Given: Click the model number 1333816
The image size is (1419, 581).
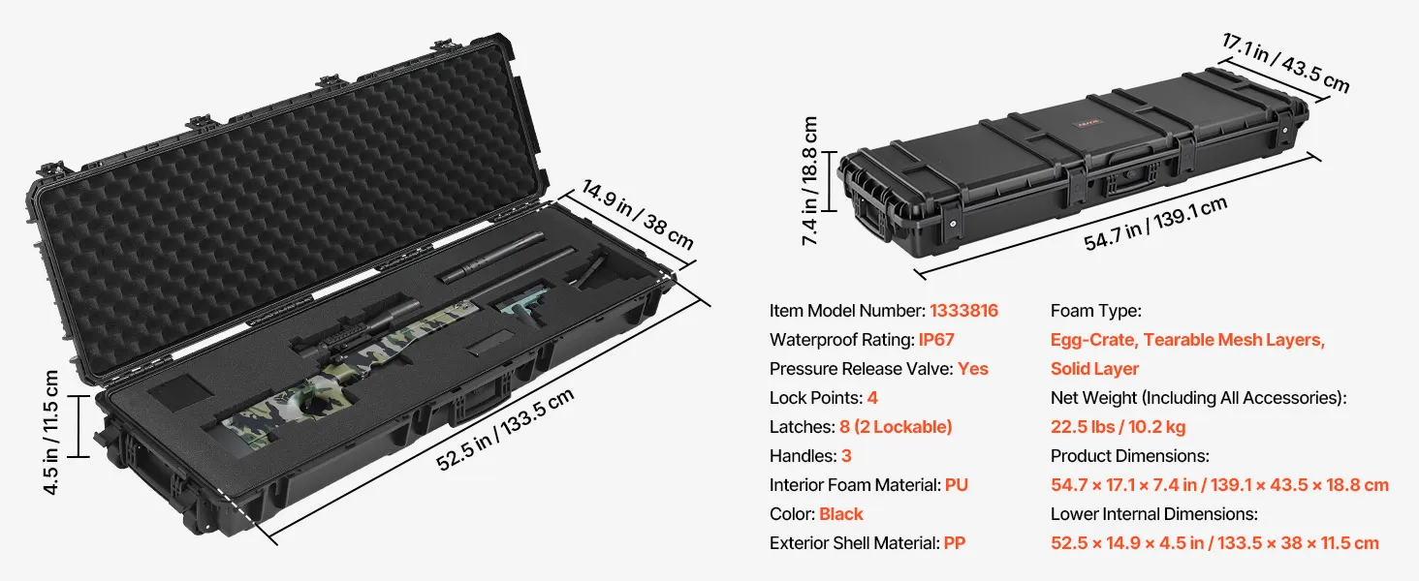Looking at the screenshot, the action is (x=963, y=311).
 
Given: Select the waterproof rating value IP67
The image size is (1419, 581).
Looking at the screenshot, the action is (x=936, y=340).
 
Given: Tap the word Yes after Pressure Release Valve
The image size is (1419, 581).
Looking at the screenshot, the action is (x=973, y=369).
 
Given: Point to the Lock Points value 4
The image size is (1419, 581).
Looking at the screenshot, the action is (x=872, y=398).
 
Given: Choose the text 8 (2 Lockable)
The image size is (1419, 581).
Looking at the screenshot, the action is (x=896, y=427).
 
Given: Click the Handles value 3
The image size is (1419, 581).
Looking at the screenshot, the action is (x=846, y=456).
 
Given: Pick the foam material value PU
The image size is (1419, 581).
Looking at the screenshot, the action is (x=957, y=485).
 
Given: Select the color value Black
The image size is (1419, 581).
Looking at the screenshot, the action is (x=840, y=514).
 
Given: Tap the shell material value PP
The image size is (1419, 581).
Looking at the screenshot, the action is (x=955, y=543).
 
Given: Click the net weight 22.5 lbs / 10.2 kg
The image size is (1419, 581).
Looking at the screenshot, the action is (x=1119, y=427).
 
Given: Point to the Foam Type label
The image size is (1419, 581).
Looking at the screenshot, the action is (x=1096, y=311).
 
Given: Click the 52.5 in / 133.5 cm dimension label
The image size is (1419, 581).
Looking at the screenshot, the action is (x=505, y=429).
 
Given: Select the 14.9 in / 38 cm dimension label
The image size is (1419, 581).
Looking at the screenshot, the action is (x=637, y=215).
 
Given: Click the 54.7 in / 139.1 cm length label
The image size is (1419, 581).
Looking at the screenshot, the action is (x=1155, y=224).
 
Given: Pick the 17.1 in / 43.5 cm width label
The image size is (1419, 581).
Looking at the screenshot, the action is (x=1286, y=63).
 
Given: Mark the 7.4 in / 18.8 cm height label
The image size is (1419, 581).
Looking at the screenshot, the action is (x=809, y=181).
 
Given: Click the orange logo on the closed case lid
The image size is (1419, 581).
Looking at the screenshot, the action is (x=1088, y=122).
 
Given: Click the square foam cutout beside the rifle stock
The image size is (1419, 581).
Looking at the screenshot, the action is (x=180, y=391).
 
